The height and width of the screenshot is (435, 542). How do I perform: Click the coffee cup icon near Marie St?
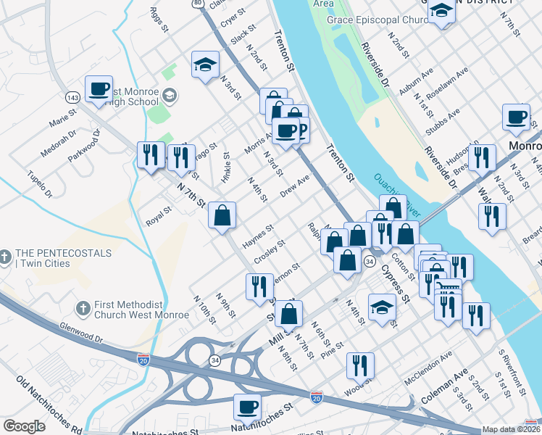click(x=99, y=89)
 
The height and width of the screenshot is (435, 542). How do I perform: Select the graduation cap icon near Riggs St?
click(x=206, y=64)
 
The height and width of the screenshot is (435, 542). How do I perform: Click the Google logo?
click(x=24, y=426)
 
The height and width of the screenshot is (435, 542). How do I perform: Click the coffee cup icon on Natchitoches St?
click(x=247, y=407)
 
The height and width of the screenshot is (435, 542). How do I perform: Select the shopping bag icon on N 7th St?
click(x=222, y=215)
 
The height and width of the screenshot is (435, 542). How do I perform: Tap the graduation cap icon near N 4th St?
click(x=382, y=307)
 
